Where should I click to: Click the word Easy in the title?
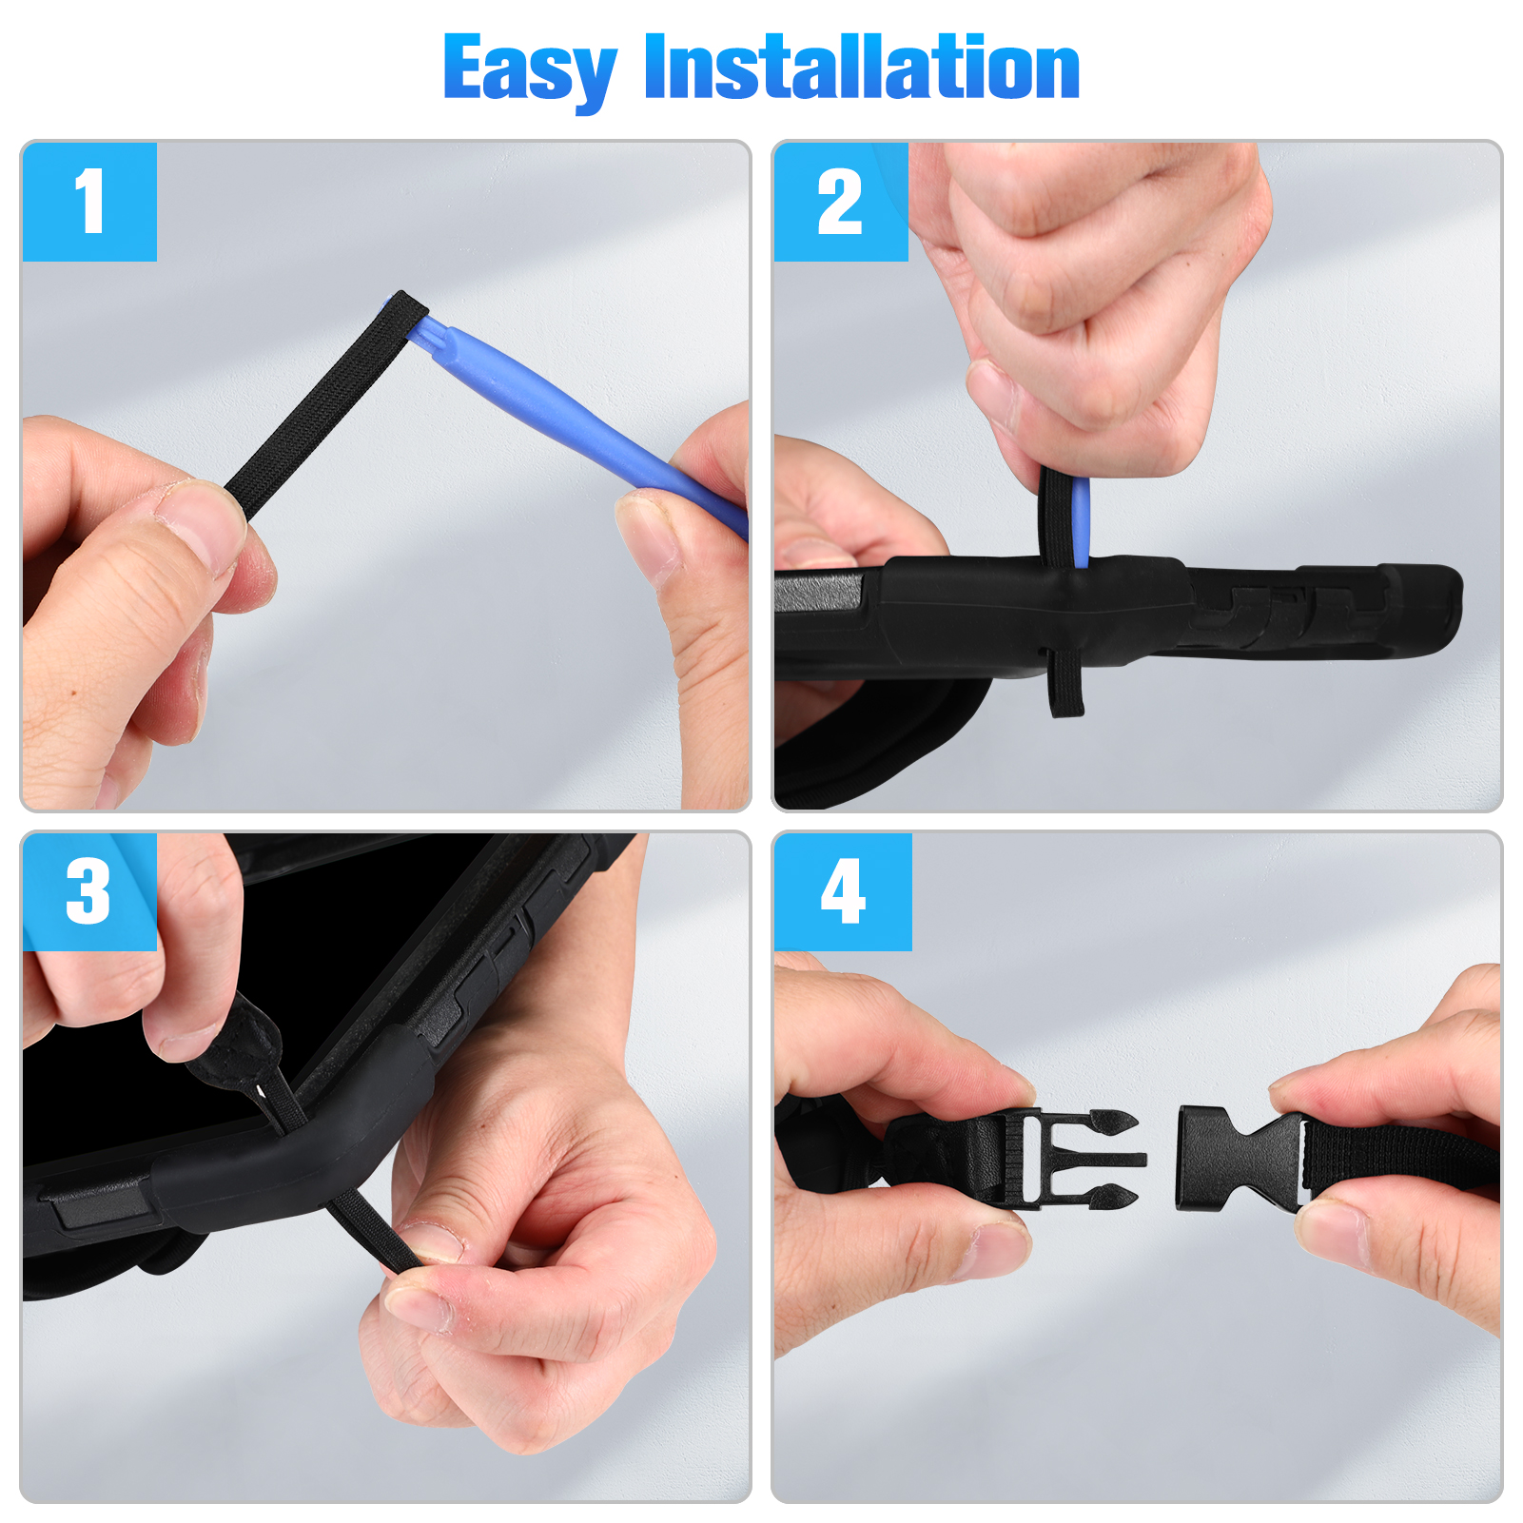[530, 70]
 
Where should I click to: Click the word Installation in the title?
[862, 67]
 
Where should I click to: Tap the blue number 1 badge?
[89, 202]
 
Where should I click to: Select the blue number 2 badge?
[841, 202]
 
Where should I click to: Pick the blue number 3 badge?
[89, 891]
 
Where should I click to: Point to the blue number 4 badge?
[843, 891]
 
